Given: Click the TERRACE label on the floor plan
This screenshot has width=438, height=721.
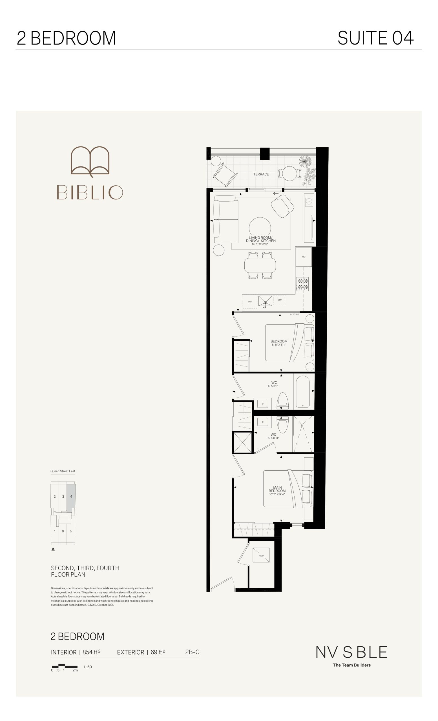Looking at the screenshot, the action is coord(261,174).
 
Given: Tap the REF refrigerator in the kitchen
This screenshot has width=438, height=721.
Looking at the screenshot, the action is coord(304,257).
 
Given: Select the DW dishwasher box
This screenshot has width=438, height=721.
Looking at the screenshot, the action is coord(250,302).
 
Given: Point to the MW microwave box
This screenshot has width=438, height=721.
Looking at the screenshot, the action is coord(280,300).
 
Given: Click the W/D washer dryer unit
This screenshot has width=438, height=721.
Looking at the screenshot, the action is coord(261,555).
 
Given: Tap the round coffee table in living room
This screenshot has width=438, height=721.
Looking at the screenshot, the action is coord(260,228).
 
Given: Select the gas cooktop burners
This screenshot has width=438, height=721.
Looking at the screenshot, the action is coord(302,284).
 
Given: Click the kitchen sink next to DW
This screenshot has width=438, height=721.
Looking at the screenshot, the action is coord(265,301).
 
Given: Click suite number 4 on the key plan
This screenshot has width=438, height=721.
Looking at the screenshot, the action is coord(71,497).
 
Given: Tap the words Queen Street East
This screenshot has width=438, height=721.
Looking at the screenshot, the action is coord(63,471).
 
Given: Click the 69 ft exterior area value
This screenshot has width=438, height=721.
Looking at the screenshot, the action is coord(158,652).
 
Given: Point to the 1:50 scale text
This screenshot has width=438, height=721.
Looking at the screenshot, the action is coord(88,667).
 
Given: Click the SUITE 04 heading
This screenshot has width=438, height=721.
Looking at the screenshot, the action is coord(376,38).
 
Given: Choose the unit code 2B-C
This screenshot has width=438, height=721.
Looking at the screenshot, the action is coord(192,652).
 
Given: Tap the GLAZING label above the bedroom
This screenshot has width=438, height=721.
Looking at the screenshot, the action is coord(295,315).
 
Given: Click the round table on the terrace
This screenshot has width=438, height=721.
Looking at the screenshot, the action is coord(289,173).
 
